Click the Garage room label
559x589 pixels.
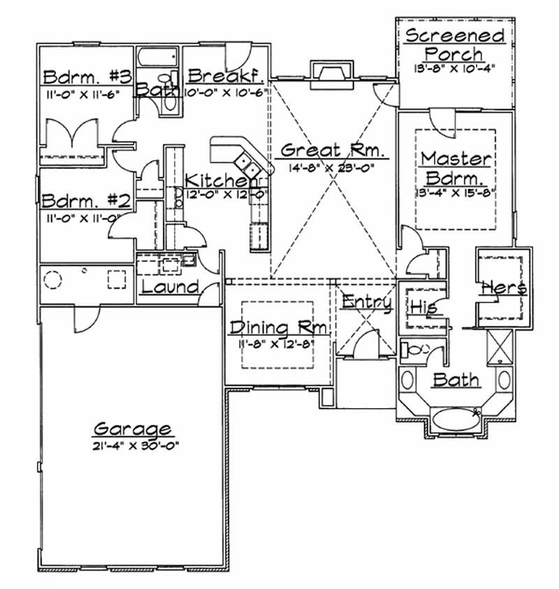pyautogui.click(x=132, y=428)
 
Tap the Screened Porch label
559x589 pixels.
pyautogui.click(x=454, y=44)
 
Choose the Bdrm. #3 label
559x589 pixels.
pyautogui.click(x=78, y=75)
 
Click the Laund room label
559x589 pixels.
pyautogui.click(x=170, y=287)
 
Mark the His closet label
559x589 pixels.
pyautogui.click(x=422, y=307)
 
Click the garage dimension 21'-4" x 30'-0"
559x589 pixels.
pyautogui.click(x=132, y=445)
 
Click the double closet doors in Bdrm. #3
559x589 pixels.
pyautogui.click(x=73, y=133)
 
